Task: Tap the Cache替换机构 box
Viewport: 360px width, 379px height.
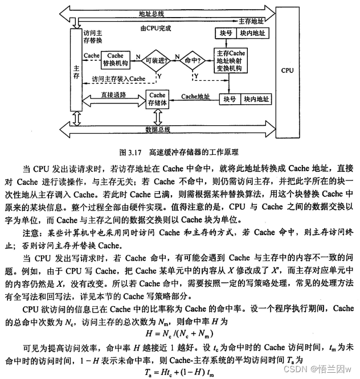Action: (115, 59)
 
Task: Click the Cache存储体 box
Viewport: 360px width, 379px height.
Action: (157, 98)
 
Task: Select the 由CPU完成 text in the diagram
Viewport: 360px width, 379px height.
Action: (155, 27)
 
